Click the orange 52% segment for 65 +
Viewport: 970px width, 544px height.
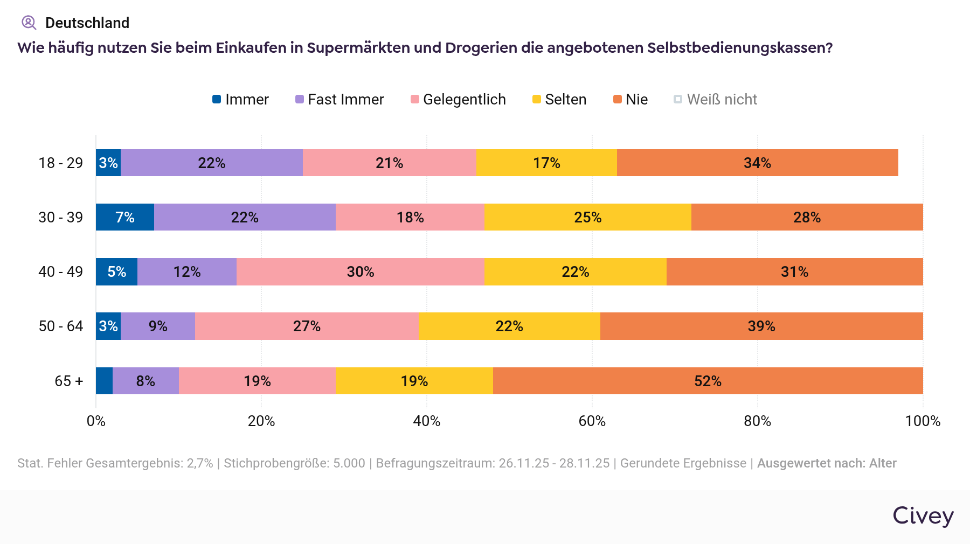(708, 381)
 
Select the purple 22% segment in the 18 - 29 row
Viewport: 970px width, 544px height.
(212, 163)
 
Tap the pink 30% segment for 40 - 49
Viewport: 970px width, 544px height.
(360, 271)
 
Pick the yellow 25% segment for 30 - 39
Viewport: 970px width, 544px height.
(587, 217)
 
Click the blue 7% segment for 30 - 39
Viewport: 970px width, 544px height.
(125, 217)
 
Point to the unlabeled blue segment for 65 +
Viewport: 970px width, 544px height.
(104, 381)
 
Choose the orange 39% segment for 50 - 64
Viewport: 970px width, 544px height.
(761, 326)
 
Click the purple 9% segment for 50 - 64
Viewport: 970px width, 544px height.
(158, 326)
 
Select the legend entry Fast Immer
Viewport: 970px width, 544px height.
(339, 100)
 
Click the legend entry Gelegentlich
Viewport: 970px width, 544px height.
(458, 100)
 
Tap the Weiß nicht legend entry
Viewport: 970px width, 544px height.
(715, 100)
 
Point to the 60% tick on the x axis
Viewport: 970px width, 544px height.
(592, 421)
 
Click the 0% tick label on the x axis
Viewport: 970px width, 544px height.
(96, 421)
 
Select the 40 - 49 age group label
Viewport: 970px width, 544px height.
(60, 271)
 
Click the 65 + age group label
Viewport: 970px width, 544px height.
(68, 381)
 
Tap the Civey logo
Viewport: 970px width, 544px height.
(923, 516)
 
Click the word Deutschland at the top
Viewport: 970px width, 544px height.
(87, 23)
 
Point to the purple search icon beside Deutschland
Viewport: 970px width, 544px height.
(29, 23)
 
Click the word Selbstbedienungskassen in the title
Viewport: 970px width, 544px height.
(739, 48)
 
